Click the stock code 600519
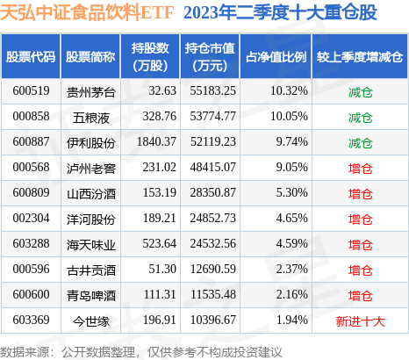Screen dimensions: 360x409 tap(31, 90)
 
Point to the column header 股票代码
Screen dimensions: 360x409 tap(31, 56)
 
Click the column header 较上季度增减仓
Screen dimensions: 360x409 tap(360, 56)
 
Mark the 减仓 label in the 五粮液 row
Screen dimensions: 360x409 tap(360, 116)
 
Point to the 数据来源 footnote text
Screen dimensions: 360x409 tap(132, 350)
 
